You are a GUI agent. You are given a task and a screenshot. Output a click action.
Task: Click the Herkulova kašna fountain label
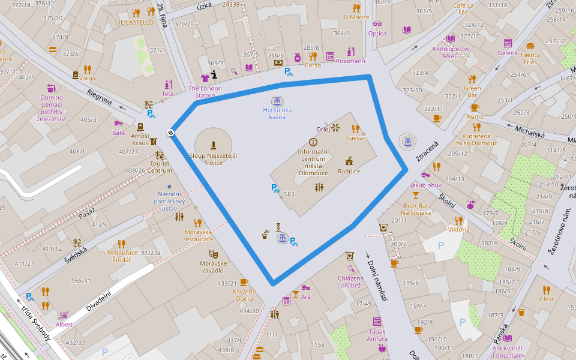coord(277,113)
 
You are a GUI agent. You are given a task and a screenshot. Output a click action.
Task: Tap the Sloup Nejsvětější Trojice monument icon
coord(213,145)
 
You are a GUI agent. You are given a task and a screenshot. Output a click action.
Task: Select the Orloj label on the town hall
coord(323,128)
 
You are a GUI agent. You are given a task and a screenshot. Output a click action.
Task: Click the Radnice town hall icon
coord(349,161)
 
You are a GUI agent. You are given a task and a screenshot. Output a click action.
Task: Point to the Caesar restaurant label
coord(355,138)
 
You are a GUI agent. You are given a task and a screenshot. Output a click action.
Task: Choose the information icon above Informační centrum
coord(313,142)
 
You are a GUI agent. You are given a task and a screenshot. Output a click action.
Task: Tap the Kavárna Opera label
coord(244,295)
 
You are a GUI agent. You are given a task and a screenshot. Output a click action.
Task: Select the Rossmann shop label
coord(350,61)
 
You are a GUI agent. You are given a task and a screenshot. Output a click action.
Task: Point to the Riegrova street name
coord(100,96)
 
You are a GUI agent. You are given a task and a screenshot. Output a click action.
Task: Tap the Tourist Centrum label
coord(160,167)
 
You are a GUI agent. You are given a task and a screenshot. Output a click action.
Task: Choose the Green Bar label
coord(472,92)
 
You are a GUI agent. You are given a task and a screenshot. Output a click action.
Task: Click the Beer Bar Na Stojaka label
coord(416,209)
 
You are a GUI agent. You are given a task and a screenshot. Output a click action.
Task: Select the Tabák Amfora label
coord(377,335)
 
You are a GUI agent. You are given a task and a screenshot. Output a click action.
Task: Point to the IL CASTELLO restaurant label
coord(136,22)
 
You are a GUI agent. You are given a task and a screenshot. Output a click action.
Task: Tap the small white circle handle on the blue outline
coord(171,133)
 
